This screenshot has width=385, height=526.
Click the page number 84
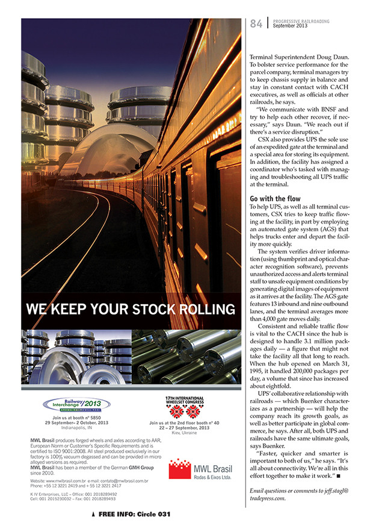256,23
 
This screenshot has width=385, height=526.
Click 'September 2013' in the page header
291,26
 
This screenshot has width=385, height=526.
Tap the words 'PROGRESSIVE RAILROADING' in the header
301,21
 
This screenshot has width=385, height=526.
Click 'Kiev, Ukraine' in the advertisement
185,433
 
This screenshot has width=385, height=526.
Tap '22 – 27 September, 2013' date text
185,428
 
